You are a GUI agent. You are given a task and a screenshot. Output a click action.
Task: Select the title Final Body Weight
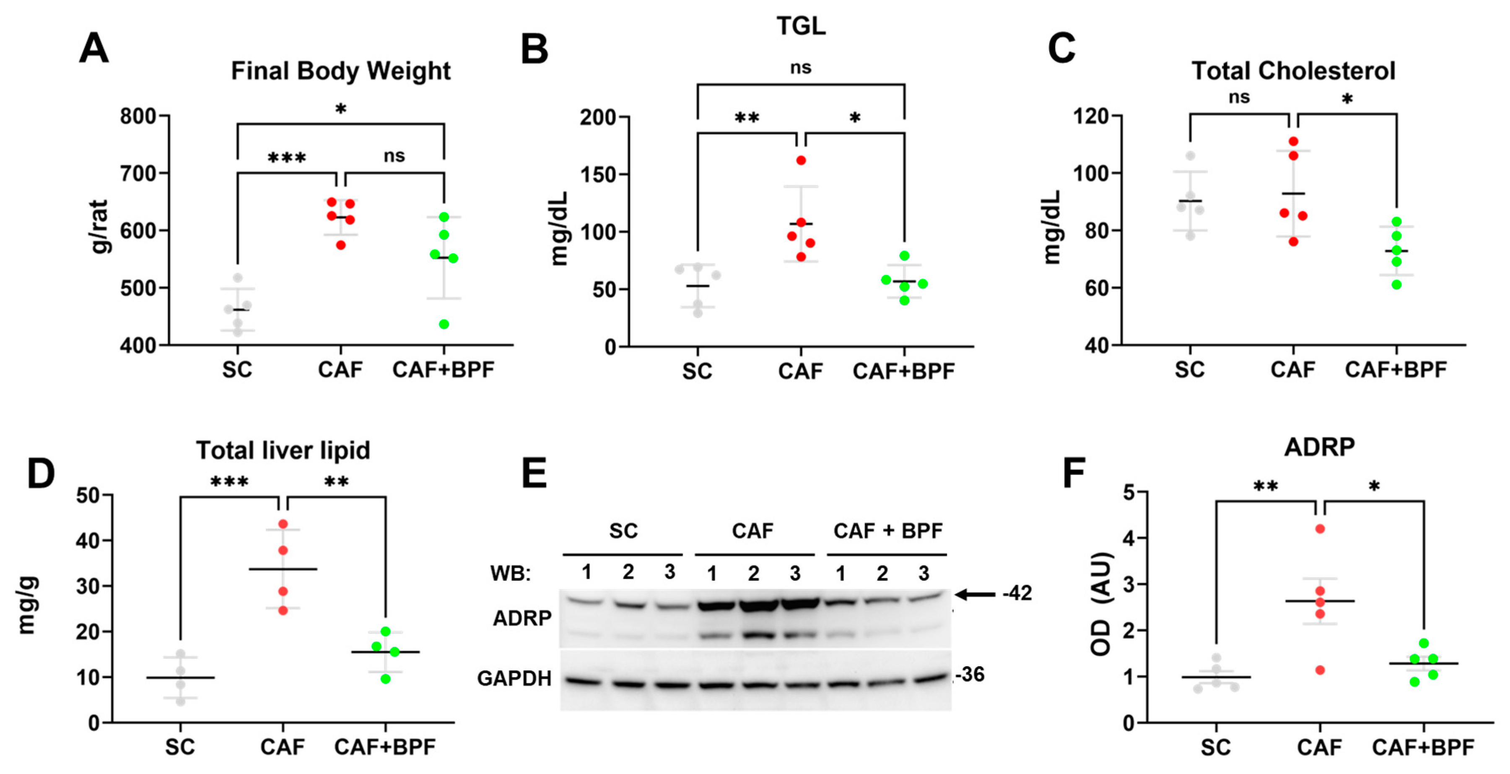(x=340, y=71)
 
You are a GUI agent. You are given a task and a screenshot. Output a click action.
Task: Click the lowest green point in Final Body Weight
(x=444, y=324)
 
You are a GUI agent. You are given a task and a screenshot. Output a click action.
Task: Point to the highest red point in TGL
(x=801, y=160)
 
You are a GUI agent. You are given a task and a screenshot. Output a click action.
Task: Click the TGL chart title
(x=801, y=26)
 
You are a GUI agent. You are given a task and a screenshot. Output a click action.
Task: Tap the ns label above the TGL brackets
(x=801, y=68)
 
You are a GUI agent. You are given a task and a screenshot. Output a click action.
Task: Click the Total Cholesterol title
(x=1293, y=71)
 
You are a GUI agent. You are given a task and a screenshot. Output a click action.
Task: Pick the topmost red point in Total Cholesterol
(x=1293, y=141)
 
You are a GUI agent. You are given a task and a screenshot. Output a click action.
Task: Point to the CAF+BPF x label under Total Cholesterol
(x=1396, y=369)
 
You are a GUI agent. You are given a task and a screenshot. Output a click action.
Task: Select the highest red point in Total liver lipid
(x=283, y=524)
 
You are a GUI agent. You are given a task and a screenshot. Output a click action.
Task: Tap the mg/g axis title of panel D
(x=27, y=606)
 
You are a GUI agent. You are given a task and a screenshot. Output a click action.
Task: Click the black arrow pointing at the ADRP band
(x=976, y=595)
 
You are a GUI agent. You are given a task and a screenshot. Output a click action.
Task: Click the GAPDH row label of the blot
(x=514, y=678)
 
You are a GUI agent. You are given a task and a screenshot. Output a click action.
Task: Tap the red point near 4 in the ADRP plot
(x=1320, y=529)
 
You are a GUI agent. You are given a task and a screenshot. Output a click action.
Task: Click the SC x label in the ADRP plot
(x=1216, y=747)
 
